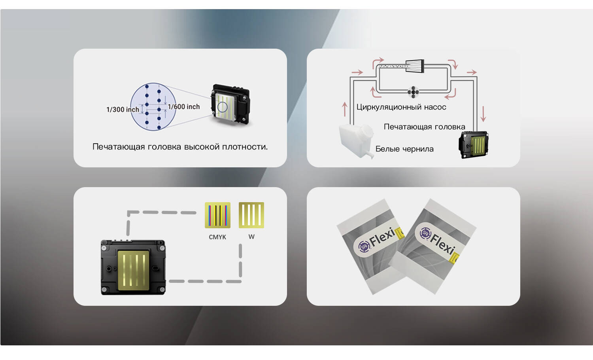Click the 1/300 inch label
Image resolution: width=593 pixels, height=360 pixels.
123,110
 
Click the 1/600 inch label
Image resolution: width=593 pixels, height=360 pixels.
184,107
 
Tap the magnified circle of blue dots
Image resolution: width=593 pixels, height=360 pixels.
153,107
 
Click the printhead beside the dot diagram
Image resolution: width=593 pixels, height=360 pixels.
231,105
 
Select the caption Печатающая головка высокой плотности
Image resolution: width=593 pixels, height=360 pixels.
180,147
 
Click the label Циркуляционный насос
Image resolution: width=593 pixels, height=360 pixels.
401,107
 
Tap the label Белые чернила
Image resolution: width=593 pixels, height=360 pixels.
404,149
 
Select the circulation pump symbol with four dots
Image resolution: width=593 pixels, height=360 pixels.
413,92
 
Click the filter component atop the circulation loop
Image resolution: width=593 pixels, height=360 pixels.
415,66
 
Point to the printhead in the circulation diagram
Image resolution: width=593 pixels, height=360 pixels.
474,145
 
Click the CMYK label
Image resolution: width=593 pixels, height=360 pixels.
217,237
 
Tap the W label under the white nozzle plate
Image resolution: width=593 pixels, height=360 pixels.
251,237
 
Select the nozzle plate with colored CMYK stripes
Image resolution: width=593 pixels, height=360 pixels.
217,215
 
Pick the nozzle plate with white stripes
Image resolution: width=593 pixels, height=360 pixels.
251,215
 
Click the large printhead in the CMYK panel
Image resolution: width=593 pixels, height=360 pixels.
133,267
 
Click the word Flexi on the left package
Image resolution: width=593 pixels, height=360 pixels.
382,237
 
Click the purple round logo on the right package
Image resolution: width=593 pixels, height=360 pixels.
425,233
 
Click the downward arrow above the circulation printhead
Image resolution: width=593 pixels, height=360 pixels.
483,114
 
